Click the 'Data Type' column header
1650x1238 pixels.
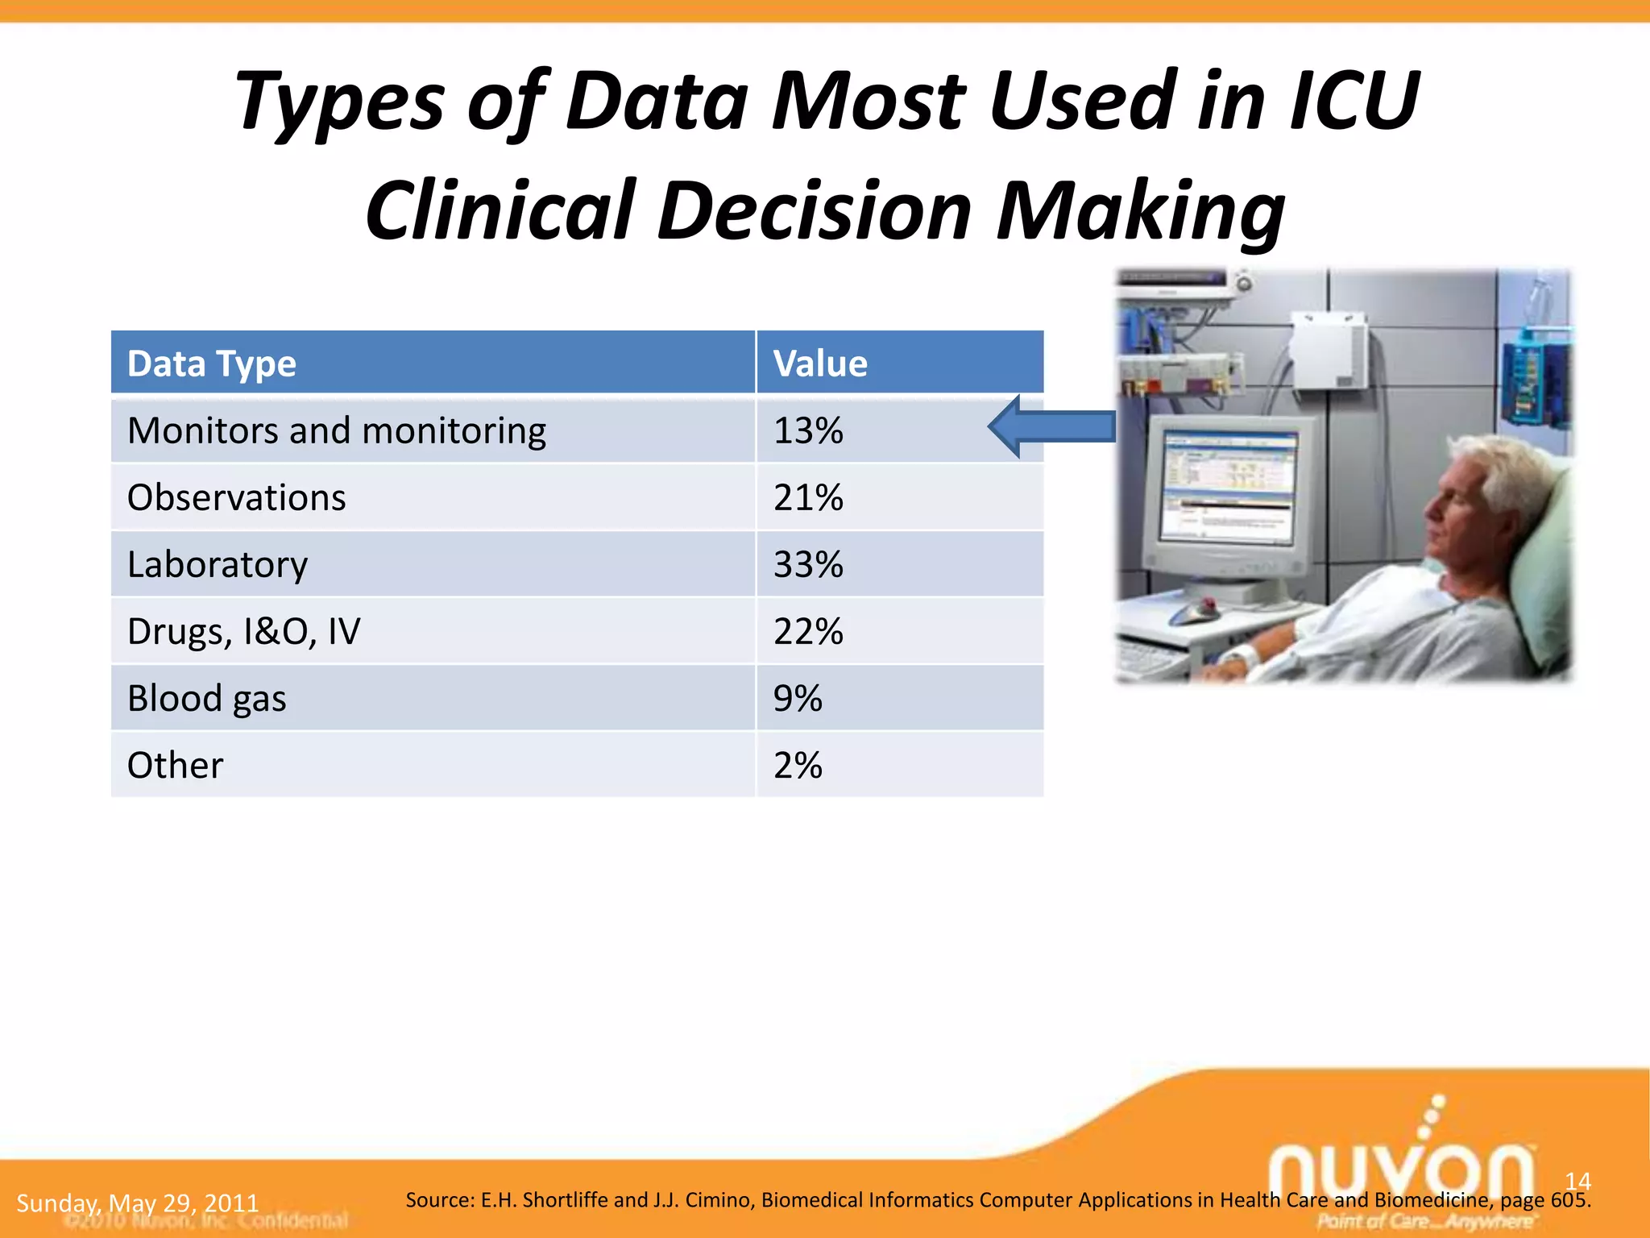pyautogui.click(x=212, y=364)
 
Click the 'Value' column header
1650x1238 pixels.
pyautogui.click(x=820, y=364)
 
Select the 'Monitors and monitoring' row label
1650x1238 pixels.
pyautogui.click(x=337, y=430)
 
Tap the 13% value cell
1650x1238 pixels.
pyautogui.click(x=808, y=430)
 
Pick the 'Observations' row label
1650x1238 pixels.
pyautogui.click(x=237, y=497)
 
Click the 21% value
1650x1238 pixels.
pyautogui.click(x=808, y=497)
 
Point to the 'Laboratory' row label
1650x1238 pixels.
pyautogui.click(x=218, y=564)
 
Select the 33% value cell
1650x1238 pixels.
pyautogui.click(x=808, y=564)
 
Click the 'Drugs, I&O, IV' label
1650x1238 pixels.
pyautogui.click(x=244, y=631)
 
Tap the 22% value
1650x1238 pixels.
pyautogui.click(x=808, y=631)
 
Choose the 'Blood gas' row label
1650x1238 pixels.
pyautogui.click(x=207, y=698)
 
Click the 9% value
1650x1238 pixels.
pyautogui.click(x=798, y=698)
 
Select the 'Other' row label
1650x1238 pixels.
pyautogui.click(x=175, y=765)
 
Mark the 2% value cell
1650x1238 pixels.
pyautogui.click(x=798, y=765)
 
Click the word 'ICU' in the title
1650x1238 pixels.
pyautogui.click(x=1354, y=102)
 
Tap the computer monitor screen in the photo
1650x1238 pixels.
pyautogui.click(x=1229, y=488)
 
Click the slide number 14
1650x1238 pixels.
pyautogui.click(x=1577, y=1182)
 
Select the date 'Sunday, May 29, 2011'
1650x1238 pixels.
pyautogui.click(x=138, y=1203)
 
